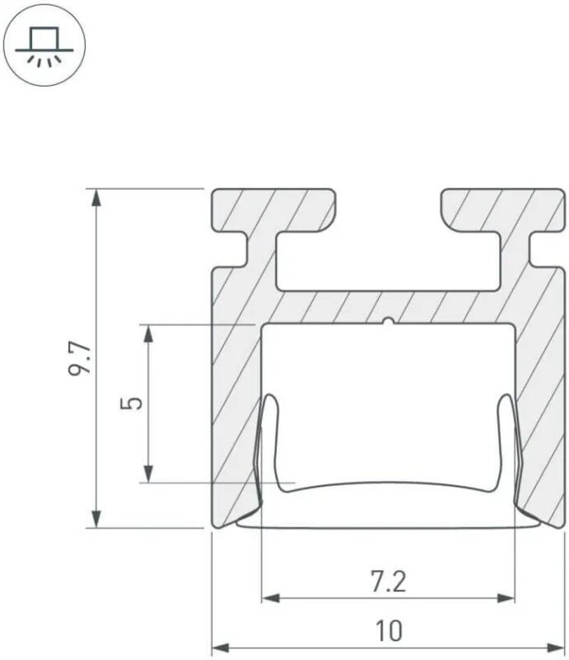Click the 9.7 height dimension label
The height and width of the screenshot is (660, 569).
point(81,358)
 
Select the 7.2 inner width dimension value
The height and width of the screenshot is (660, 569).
point(388,582)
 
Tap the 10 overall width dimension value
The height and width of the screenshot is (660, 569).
point(388,631)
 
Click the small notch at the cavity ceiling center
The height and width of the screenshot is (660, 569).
point(388,321)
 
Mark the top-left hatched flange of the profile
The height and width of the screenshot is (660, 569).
point(272,211)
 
